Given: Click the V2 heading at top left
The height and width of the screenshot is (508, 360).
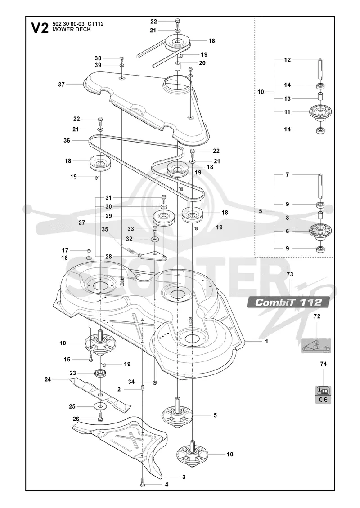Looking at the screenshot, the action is pos(40,27).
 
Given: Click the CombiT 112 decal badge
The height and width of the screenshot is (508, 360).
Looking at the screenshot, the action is pos(288,302).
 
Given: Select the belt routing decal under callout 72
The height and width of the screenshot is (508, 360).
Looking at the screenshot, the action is pos(316,345).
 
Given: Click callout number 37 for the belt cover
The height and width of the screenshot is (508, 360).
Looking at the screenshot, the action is pos(61,85).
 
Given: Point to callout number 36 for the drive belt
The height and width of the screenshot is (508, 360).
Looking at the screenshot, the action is pos(67,141).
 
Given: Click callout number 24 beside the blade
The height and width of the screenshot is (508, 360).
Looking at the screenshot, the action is pos(48,379).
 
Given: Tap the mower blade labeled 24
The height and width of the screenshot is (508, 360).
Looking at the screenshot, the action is pos(101,392).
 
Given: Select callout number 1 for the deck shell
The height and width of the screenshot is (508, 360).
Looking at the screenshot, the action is pos(266,342).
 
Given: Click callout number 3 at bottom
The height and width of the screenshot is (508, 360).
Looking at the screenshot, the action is pos(184,477).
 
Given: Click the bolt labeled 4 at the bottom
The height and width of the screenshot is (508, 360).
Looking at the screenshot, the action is pos(142,484).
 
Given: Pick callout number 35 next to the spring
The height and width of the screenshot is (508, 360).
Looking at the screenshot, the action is pos(105,229).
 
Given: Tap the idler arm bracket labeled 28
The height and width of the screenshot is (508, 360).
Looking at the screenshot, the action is pos(152,256).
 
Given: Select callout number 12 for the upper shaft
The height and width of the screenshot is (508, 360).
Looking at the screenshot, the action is pos(288,60).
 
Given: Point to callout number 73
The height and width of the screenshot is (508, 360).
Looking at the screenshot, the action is pos(290,274).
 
